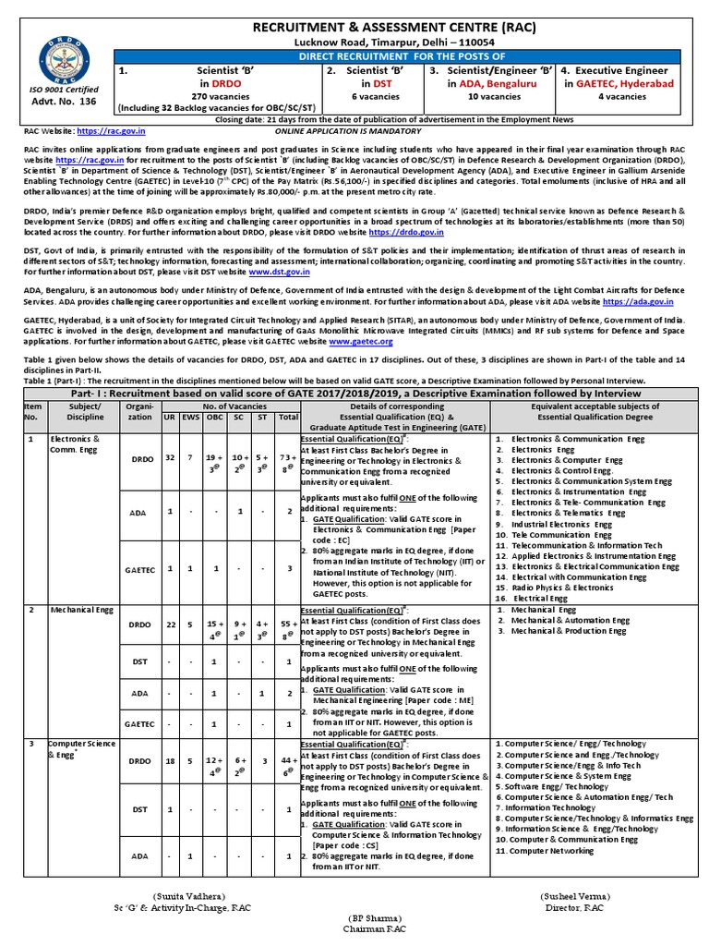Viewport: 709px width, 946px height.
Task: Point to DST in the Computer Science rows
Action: click(139, 809)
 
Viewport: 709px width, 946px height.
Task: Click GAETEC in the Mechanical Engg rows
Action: click(140, 724)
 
